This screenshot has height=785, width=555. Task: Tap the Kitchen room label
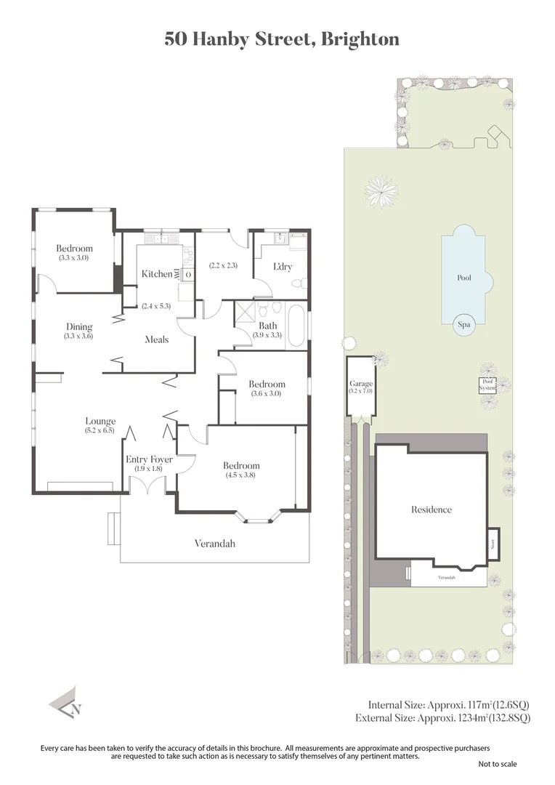coord(157,274)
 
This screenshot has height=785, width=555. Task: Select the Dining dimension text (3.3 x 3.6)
coord(78,337)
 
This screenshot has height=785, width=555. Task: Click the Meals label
coord(157,339)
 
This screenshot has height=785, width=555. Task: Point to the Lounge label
coord(100,421)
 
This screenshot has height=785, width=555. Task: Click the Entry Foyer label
coord(149,459)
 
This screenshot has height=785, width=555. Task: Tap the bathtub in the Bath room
coord(296,326)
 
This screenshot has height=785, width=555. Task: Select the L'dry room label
coord(282,267)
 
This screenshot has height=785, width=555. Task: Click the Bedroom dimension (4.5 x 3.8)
coord(240,475)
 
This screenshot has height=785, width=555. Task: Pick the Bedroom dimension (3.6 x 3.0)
coord(266,393)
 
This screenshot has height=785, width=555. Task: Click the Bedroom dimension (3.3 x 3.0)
coord(73,257)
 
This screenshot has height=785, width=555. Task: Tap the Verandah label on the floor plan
coord(214,543)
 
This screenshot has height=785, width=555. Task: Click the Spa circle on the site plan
coord(463,326)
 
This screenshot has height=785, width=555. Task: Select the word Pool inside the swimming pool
coord(464,278)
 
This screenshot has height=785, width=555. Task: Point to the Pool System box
coord(487,385)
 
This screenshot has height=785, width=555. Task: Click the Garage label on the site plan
coord(361,384)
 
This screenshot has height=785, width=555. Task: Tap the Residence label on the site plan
coord(432,510)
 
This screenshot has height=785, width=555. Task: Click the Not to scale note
coord(498,764)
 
